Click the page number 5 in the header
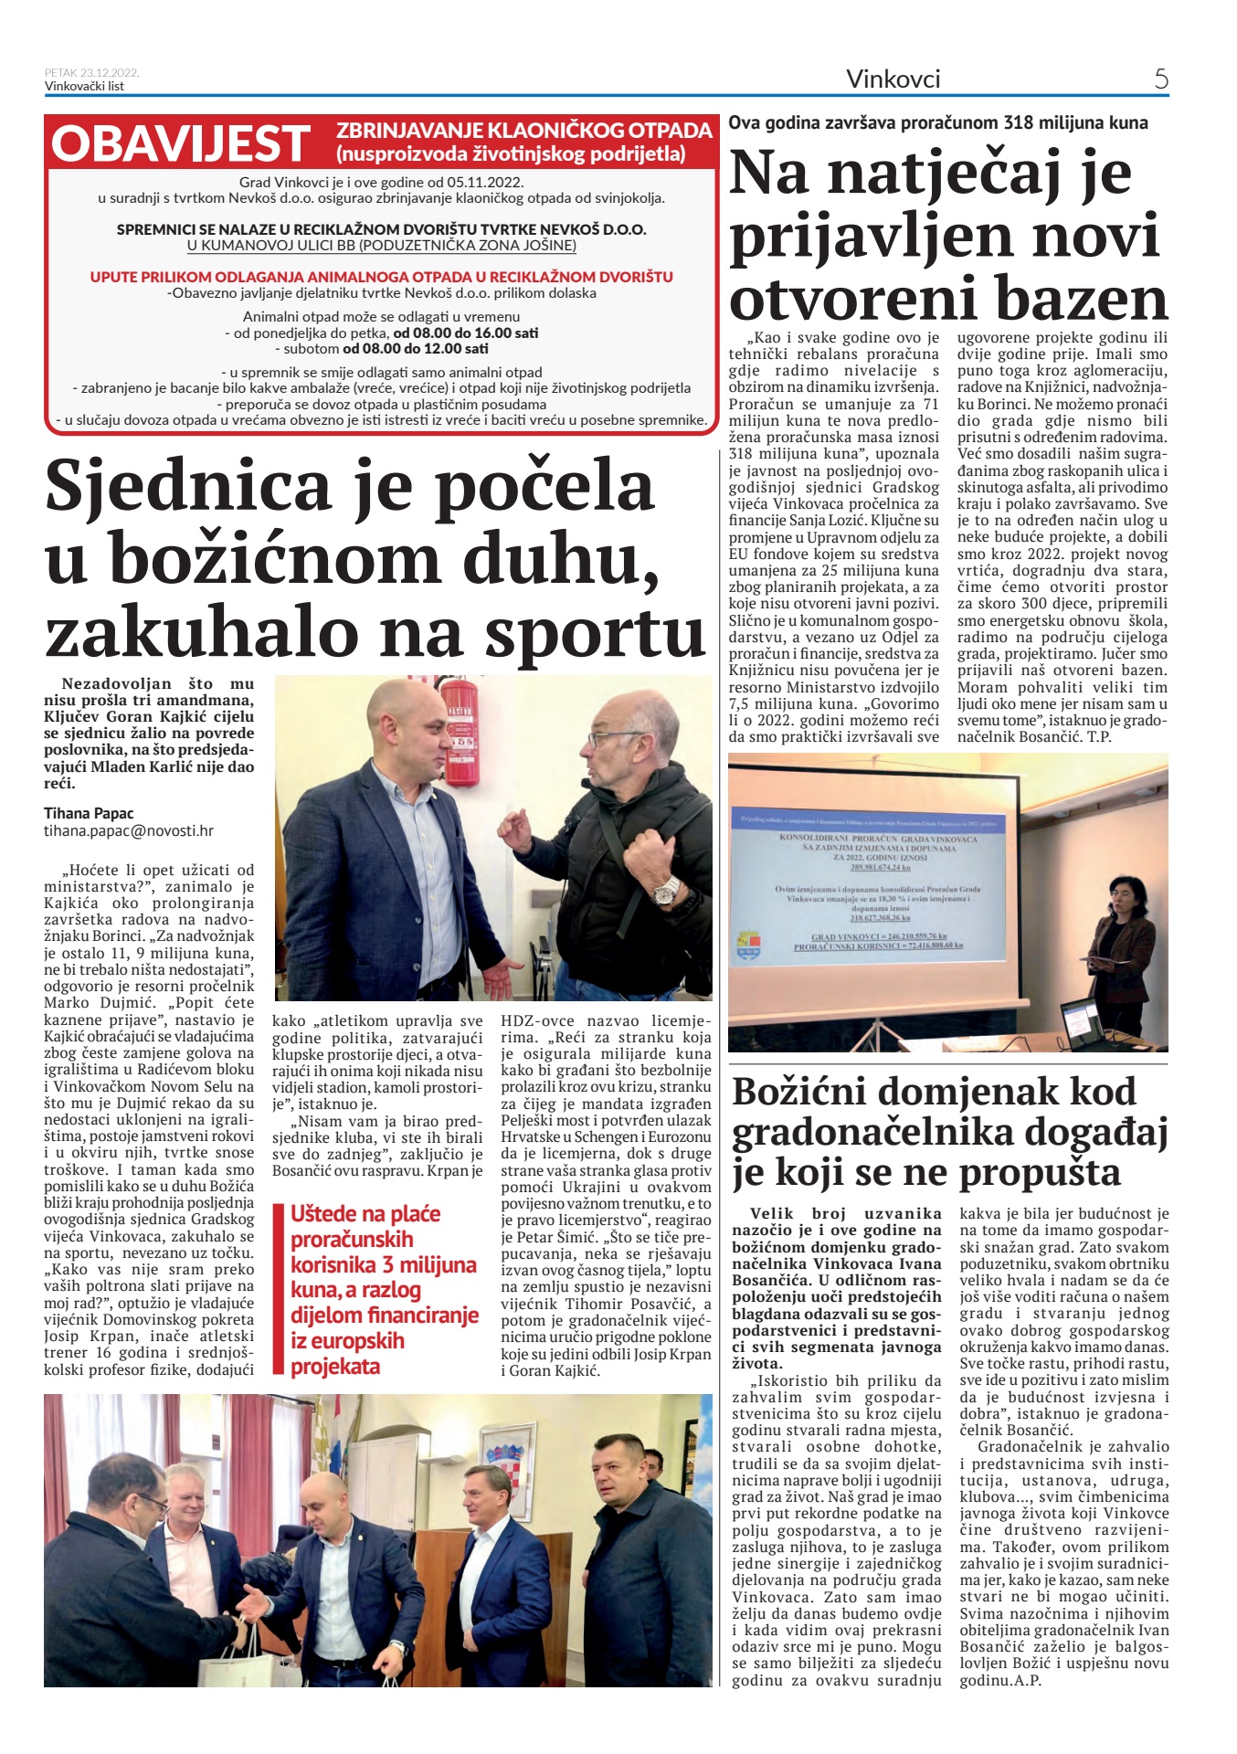(x=1160, y=79)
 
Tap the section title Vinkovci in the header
(x=893, y=79)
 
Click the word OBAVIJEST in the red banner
(x=180, y=144)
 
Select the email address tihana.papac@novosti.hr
(x=129, y=831)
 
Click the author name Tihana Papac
(x=89, y=813)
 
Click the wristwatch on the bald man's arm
(x=665, y=888)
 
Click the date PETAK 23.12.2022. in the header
(x=91, y=73)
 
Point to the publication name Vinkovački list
(x=84, y=87)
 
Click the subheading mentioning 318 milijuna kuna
(x=937, y=122)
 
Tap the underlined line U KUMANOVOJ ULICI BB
(x=381, y=246)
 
